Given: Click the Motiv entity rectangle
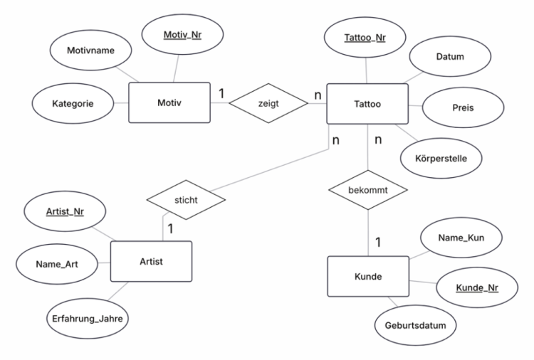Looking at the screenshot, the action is (169, 102).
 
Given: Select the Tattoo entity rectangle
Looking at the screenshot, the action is (367, 104).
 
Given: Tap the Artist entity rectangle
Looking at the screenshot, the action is (151, 261).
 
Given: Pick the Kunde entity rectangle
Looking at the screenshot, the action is (368, 276).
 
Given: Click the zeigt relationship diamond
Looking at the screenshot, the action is (268, 103).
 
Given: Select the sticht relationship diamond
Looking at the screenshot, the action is (186, 200).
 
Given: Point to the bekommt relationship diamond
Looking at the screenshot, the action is (368, 190).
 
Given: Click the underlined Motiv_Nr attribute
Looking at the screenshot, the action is (182, 34).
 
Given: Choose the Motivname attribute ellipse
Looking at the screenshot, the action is (90, 51).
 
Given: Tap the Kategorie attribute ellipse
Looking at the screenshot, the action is (73, 103).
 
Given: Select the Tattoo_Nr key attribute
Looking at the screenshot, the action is (365, 38).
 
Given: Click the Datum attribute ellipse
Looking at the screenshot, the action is (450, 56).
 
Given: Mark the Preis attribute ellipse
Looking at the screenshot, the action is (464, 107).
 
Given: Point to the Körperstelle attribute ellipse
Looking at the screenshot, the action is (441, 158).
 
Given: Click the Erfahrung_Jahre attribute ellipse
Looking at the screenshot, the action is (88, 319).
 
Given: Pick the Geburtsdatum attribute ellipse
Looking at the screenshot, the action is (416, 325).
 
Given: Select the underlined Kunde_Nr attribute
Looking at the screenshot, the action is (477, 287).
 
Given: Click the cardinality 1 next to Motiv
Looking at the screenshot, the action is (221, 93).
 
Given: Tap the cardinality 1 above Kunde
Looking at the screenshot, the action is (378, 243).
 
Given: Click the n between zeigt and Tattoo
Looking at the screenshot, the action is (318, 95).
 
